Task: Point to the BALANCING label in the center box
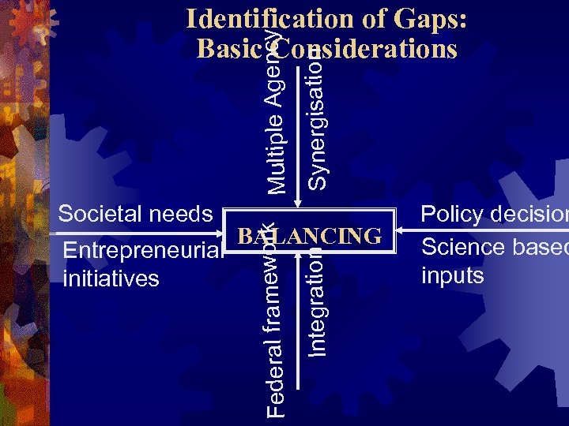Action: (309, 236)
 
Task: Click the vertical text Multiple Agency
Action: (276, 110)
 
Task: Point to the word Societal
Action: (99, 214)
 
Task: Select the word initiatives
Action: (110, 278)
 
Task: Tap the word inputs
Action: (453, 275)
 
